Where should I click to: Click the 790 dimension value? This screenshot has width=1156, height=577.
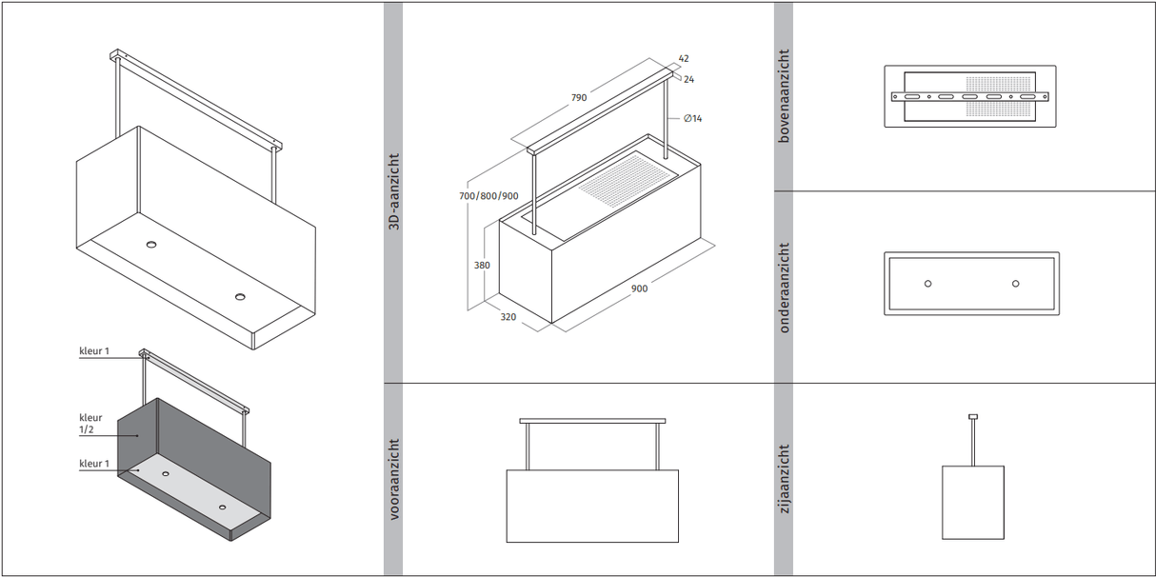(x=578, y=97)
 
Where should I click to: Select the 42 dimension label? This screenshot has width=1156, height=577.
(x=684, y=58)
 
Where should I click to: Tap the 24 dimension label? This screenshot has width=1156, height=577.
(x=688, y=79)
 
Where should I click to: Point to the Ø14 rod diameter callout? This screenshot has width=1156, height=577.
(x=692, y=118)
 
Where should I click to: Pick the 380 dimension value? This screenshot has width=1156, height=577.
(x=482, y=266)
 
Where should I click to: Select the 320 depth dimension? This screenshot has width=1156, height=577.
(x=508, y=317)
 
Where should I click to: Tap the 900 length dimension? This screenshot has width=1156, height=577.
(x=639, y=288)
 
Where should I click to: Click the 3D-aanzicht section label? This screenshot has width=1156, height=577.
(x=393, y=191)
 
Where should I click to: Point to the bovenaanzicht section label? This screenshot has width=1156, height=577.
(x=784, y=96)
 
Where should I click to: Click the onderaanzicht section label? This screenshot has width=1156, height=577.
(x=784, y=288)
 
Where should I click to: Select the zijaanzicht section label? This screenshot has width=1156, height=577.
(x=784, y=479)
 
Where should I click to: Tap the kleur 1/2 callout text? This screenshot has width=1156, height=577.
(x=91, y=424)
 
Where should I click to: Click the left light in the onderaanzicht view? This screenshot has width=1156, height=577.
(x=928, y=284)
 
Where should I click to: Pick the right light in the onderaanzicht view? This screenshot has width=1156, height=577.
(x=1015, y=284)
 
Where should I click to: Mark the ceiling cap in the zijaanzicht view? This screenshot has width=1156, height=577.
(x=972, y=416)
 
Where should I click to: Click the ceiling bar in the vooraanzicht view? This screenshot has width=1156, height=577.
(x=592, y=421)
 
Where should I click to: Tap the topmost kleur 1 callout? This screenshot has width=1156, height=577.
(x=94, y=351)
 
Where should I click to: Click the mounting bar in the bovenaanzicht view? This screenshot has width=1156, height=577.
(x=969, y=96)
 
